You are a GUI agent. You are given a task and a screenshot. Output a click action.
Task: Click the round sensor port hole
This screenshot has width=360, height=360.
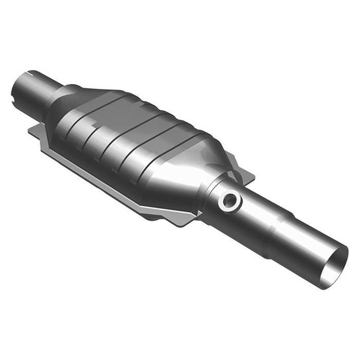pyautogui.click(x=229, y=201)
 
